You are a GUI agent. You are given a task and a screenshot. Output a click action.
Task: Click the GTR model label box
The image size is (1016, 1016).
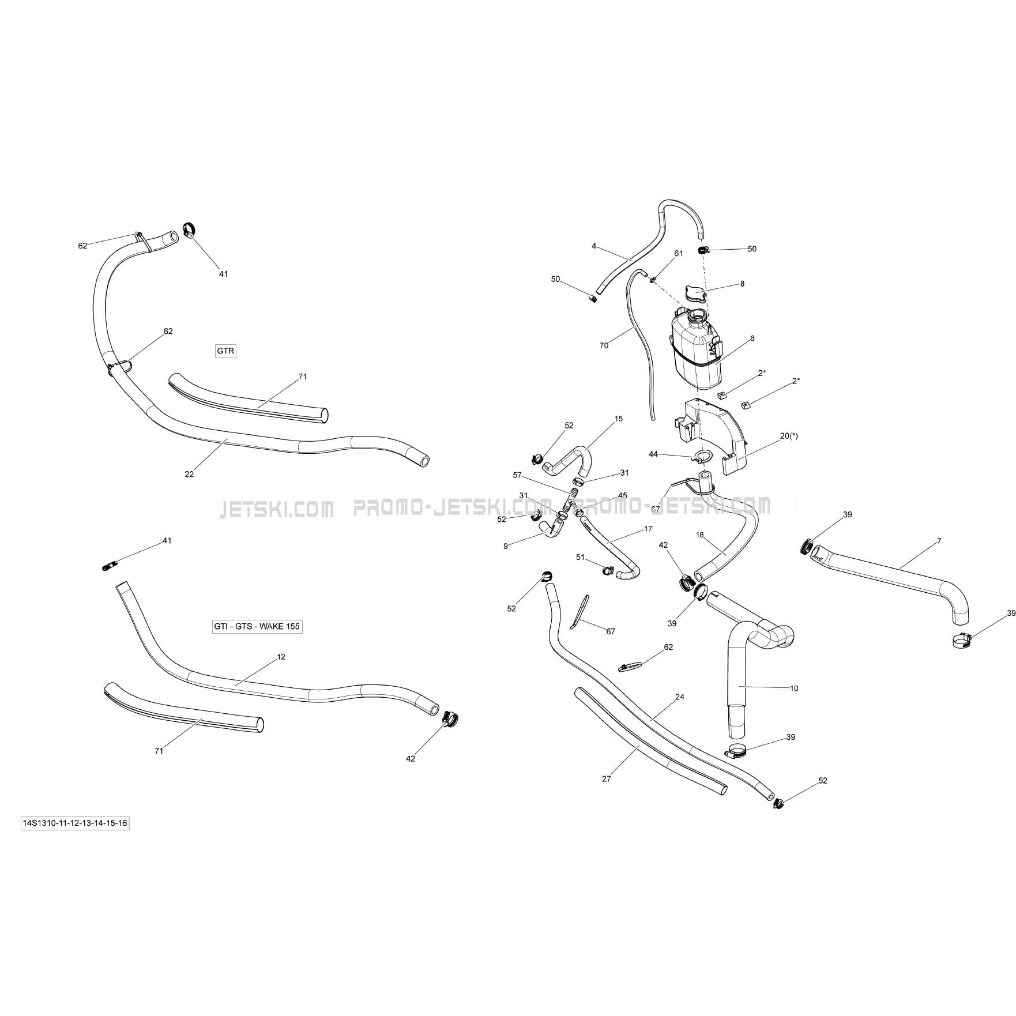225,351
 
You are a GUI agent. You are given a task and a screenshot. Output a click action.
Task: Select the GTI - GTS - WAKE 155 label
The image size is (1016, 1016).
257,626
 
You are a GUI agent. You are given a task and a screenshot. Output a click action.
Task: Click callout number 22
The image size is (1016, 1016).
189,474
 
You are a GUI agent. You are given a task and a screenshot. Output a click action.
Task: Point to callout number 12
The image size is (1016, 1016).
281,657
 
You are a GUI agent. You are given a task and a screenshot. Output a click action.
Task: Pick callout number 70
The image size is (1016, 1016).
604,345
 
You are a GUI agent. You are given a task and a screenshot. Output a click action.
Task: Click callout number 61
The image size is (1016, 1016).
679,253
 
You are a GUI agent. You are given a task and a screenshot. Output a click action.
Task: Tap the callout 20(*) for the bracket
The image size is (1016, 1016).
789,436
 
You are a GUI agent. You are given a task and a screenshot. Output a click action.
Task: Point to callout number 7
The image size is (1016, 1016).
939,541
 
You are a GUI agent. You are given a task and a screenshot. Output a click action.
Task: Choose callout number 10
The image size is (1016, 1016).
794,688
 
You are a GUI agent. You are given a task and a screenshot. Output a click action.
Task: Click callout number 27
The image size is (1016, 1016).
606,778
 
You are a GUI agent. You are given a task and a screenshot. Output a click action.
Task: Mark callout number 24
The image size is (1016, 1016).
680,697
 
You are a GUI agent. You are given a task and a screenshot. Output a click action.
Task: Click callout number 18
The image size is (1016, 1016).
700,535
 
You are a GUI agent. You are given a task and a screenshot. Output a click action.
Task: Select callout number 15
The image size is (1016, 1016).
619,419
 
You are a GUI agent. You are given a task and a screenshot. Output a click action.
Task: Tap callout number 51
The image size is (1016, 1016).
581,557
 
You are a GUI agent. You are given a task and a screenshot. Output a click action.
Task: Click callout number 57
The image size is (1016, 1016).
517,475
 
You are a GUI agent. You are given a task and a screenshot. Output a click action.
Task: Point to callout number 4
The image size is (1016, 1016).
594,246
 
